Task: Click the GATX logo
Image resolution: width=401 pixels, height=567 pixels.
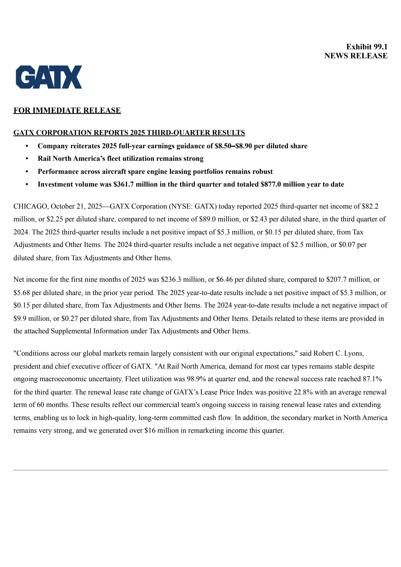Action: pos(49,77)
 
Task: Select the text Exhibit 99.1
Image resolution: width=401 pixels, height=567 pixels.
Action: pos(367,47)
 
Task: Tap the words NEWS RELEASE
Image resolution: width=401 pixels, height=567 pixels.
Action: pos(356,56)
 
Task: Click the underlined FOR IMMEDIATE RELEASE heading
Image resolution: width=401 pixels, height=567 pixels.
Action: pos(67,110)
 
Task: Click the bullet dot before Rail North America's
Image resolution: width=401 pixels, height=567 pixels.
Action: pos(27,159)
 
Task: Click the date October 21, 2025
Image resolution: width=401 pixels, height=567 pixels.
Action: pos(76,206)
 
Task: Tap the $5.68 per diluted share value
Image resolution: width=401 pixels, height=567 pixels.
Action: pos(22,293)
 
